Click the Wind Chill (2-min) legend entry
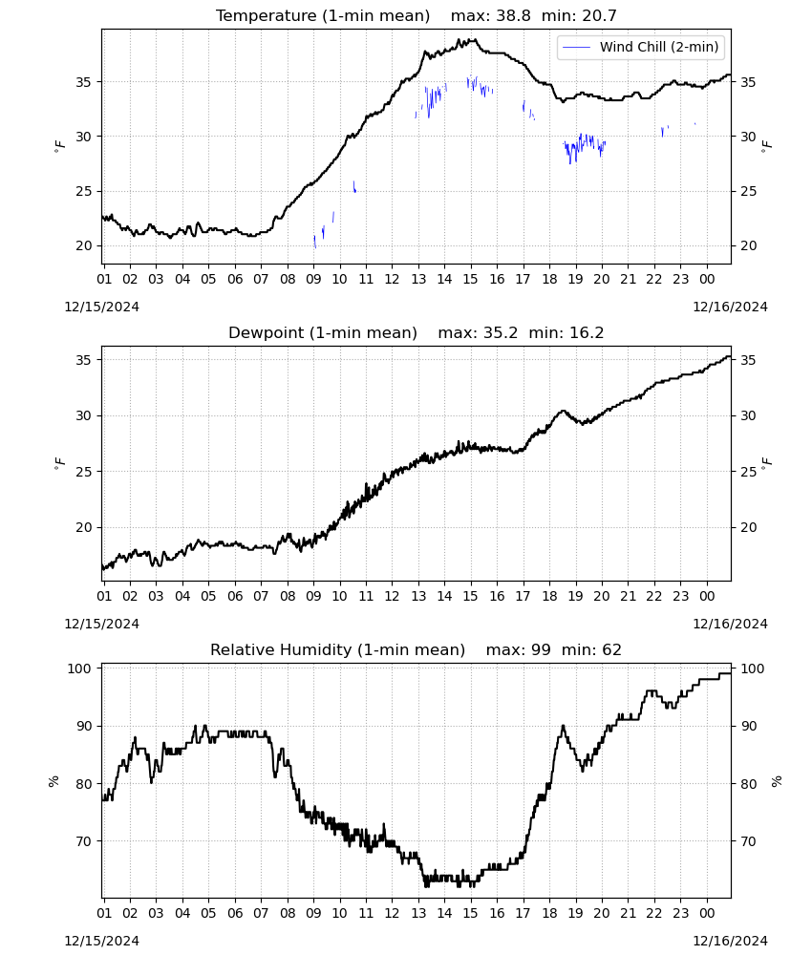click(x=641, y=47)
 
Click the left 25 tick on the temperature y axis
click(x=84, y=191)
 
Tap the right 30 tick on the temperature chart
click(x=748, y=137)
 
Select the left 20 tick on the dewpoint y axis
click(x=84, y=527)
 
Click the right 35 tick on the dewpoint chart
click(x=748, y=360)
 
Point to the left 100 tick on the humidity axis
click(x=80, y=668)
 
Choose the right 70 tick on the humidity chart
click(x=748, y=841)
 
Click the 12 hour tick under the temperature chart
click(x=392, y=279)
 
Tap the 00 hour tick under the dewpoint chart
click(x=707, y=596)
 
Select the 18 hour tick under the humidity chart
click(x=549, y=913)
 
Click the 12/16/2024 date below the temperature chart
click(x=730, y=307)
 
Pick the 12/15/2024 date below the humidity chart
click(x=101, y=941)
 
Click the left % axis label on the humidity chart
click(x=53, y=781)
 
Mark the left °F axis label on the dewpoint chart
click(x=59, y=463)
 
